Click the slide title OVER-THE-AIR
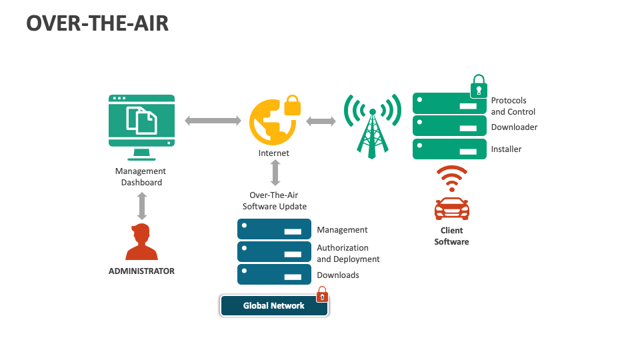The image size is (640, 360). (x=97, y=23)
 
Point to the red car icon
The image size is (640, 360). (x=451, y=209)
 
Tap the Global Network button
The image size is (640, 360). (x=274, y=306)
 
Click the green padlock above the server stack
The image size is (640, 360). (x=479, y=87)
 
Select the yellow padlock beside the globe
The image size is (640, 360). (x=292, y=105)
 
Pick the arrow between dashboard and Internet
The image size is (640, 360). (x=213, y=121)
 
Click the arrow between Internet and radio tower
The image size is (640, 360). (x=321, y=121)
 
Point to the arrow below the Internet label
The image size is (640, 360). (x=275, y=173)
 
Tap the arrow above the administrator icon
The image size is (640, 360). (x=141, y=206)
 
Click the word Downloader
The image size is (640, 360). (x=514, y=127)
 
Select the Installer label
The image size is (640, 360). (x=506, y=149)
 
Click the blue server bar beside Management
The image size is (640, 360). (x=274, y=229)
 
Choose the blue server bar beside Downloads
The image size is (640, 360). (x=274, y=275)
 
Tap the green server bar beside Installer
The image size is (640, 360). (x=449, y=149)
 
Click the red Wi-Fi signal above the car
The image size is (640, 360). (x=451, y=179)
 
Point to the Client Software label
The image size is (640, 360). (x=451, y=236)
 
